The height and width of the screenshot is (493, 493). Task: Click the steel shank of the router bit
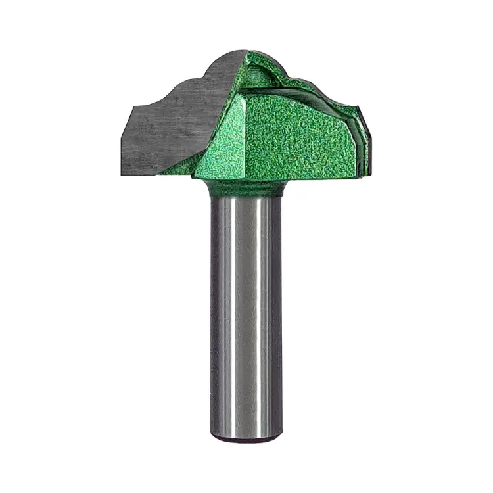[246, 316]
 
